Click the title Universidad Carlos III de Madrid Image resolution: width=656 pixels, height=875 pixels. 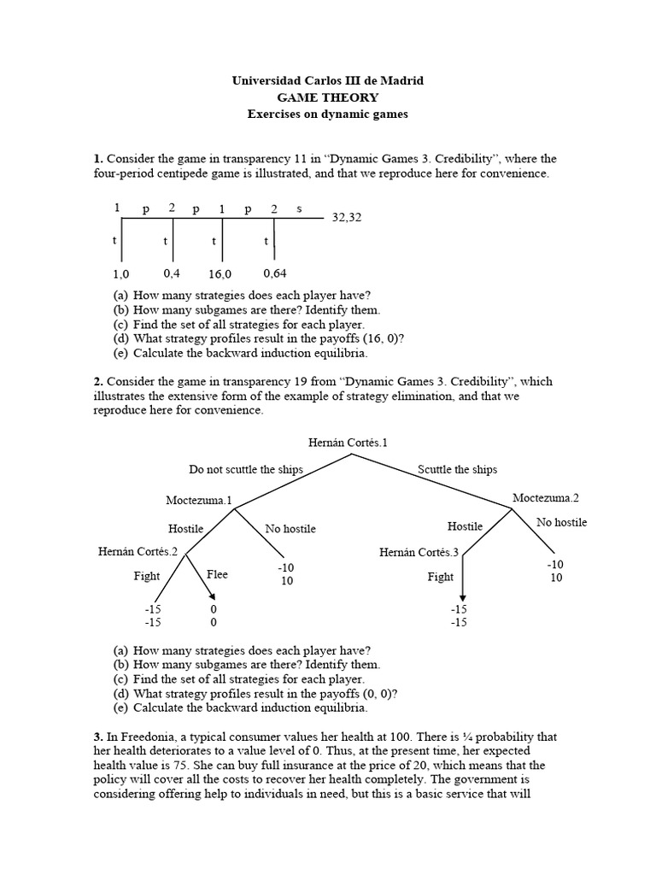click(328, 80)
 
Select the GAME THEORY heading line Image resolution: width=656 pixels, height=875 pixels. click(328, 97)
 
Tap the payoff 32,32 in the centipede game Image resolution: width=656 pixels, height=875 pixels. click(347, 218)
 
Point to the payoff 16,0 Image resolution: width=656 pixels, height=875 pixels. click(220, 274)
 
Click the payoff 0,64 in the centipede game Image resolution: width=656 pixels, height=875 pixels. click(274, 273)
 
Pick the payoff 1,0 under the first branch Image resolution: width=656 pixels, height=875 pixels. click(120, 274)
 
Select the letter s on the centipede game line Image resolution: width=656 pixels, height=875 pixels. click(299, 208)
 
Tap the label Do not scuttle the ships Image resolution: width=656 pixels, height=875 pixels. click(246, 469)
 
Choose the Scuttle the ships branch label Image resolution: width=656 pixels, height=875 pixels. click(457, 469)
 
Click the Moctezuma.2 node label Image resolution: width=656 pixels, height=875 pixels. click(546, 497)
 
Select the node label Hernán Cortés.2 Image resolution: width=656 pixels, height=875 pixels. click(138, 552)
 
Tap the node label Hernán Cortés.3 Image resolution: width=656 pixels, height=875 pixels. click(419, 553)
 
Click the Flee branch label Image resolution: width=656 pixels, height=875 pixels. click(217, 575)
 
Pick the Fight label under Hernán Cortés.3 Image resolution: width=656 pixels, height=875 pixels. click(441, 577)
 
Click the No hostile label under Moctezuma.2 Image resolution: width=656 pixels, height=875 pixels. click(561, 522)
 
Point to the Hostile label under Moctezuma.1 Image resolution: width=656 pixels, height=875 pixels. click(186, 529)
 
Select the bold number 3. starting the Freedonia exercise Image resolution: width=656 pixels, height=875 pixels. click(98, 736)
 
